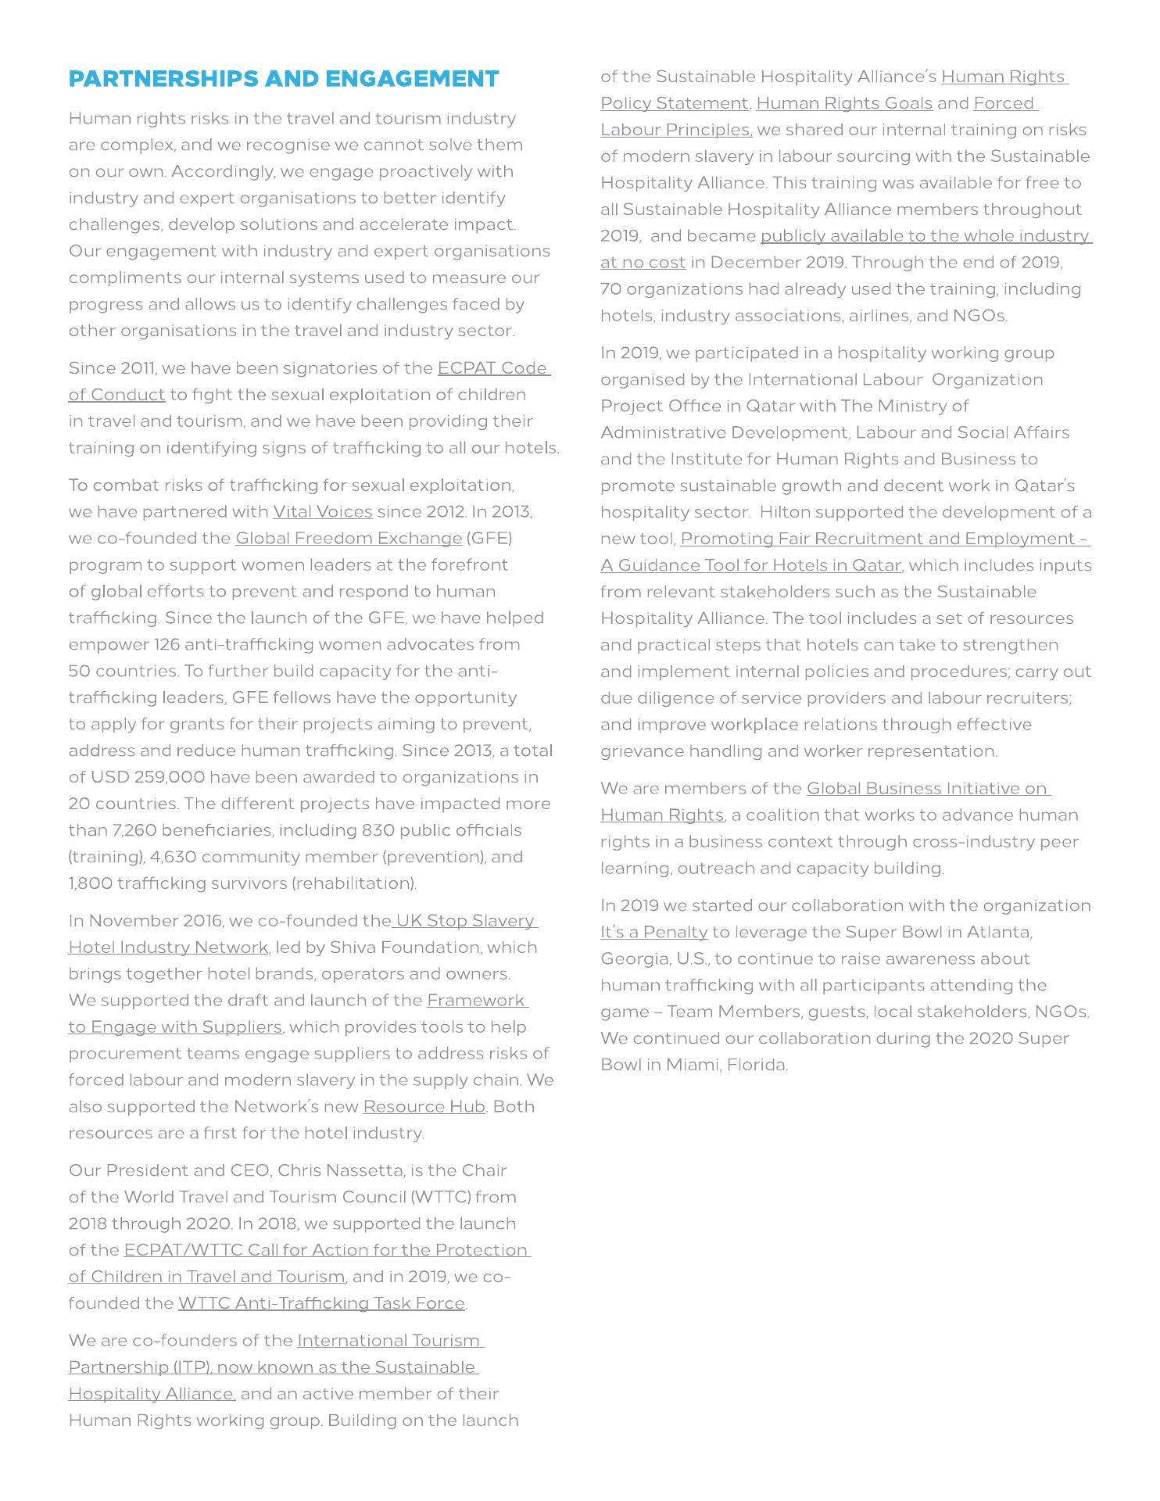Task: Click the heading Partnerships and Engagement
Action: pyautogui.click(x=284, y=79)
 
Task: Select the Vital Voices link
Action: pyautogui.click(x=322, y=512)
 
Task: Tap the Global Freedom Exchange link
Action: pyautogui.click(x=349, y=539)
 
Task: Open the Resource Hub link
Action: pyautogui.click(x=424, y=1107)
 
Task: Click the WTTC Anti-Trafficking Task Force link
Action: pyautogui.click(x=321, y=1303)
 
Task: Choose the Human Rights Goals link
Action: pyautogui.click(x=844, y=103)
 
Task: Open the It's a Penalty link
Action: pyautogui.click(x=653, y=933)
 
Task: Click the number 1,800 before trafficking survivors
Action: pyautogui.click(x=88, y=883)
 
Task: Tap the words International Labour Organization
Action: pyautogui.click(x=895, y=380)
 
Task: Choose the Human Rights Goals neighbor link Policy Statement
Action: pyautogui.click(x=674, y=103)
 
